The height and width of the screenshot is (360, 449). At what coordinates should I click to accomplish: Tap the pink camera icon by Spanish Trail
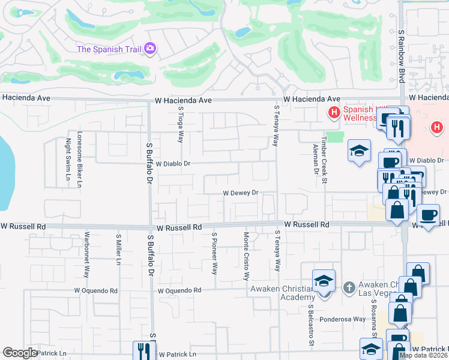150,48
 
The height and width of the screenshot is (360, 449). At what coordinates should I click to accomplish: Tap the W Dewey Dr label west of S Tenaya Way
240,193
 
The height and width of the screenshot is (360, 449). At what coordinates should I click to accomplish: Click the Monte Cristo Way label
246,256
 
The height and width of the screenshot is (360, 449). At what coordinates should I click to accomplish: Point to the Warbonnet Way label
86,254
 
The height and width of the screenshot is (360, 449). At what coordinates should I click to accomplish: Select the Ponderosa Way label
343,319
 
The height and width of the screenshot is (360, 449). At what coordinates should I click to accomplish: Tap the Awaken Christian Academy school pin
324,281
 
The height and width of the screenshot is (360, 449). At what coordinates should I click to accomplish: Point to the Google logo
20,353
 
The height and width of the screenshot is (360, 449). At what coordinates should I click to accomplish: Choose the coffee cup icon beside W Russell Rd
429,215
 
